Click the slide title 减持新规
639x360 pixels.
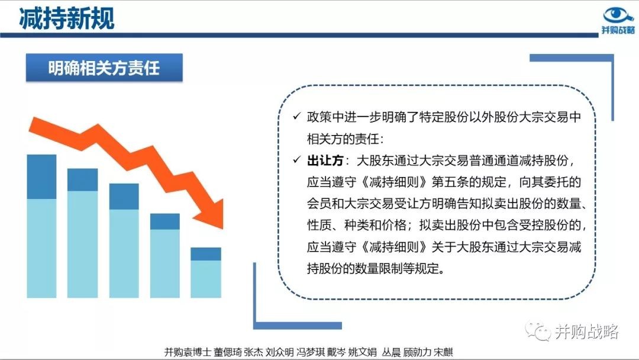(66, 18)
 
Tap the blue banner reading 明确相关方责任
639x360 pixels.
(104, 67)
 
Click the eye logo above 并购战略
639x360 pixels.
(618, 15)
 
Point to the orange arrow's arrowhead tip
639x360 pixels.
(222, 229)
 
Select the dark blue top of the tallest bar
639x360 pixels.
(41, 176)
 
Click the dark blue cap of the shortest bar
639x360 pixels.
(206, 253)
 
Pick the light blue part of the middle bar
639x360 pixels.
(124, 253)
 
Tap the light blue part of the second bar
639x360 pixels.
(82, 244)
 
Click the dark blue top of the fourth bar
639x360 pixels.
(164, 221)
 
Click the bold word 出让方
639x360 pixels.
(325, 160)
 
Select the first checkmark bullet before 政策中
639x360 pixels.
(296, 116)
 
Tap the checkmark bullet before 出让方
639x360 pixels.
(296, 160)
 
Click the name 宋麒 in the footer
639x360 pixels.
(443, 352)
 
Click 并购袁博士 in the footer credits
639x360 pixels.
(188, 352)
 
